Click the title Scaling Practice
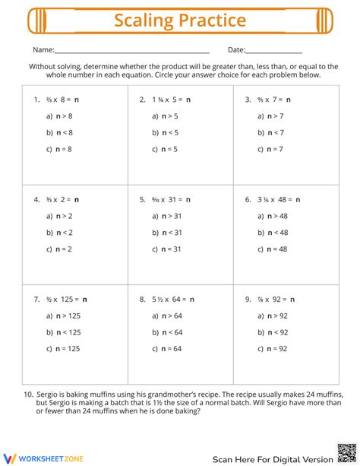click(180, 21)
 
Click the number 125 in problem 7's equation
click(67, 300)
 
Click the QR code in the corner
click(347, 453)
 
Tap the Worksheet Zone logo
click(36, 457)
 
